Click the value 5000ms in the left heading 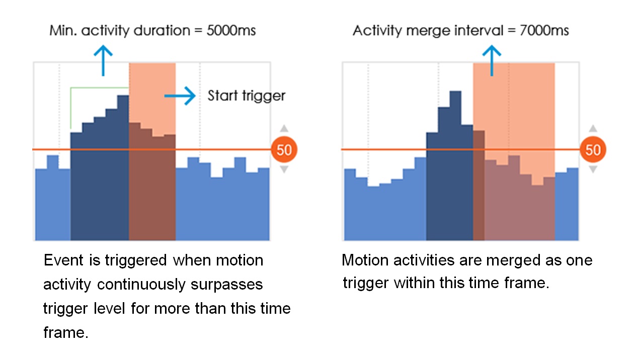[231, 30]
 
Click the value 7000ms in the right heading [544, 30]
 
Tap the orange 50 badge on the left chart [284, 149]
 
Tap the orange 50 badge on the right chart [593, 149]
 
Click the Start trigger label [247, 96]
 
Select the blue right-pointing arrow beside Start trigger [180, 96]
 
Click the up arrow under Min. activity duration [103, 60]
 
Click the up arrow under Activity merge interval [492, 60]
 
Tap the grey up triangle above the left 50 [284, 129]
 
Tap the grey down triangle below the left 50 [284, 169]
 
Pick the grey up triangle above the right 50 [593, 129]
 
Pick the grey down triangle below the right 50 [593, 169]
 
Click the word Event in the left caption [63, 260]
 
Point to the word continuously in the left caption [141, 284]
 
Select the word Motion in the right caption [365, 260]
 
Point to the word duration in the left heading [162, 30]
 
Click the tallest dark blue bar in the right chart [455, 166]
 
